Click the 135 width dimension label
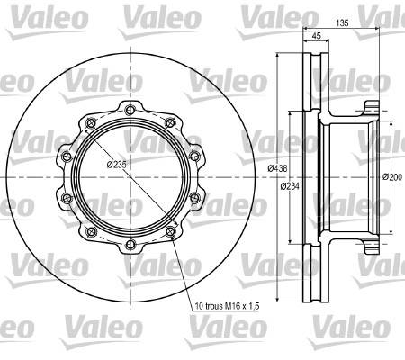pos(342,22)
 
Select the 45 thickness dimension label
pos(317,36)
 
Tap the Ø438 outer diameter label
pos(277,168)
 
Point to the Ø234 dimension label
pos(290,186)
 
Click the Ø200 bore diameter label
pos(392,177)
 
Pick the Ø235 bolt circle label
pos(117,165)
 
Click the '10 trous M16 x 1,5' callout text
pos(227,306)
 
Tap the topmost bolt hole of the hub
pos(130,111)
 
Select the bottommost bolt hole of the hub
pos(130,244)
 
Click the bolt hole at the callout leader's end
pos(170,231)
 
